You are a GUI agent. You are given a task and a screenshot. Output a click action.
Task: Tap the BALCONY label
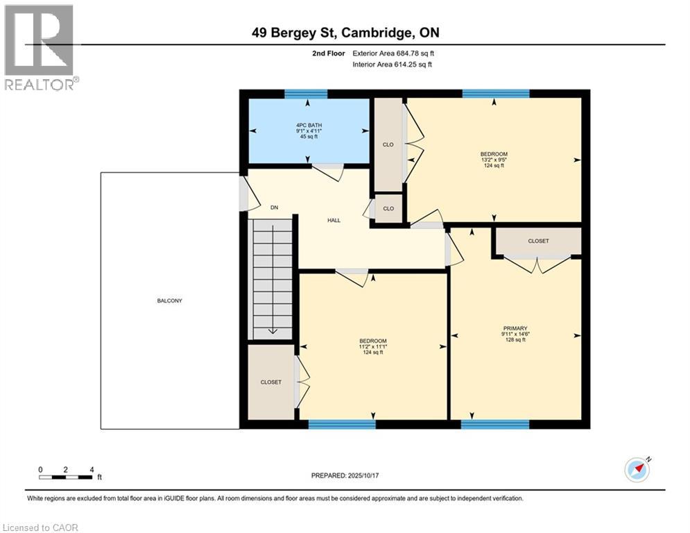coord(169,301)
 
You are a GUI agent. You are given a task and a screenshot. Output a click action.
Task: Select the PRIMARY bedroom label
coord(515,328)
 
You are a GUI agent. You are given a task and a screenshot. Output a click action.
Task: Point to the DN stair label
coord(274,208)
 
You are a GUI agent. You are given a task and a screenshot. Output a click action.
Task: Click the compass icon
coord(637,470)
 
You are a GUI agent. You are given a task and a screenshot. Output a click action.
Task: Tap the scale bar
coord(66,477)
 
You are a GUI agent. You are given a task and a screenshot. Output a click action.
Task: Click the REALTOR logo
coord(40,46)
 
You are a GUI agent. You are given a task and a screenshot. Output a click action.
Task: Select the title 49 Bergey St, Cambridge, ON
coord(345,33)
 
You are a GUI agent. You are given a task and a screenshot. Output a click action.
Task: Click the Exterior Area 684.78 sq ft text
coord(393,53)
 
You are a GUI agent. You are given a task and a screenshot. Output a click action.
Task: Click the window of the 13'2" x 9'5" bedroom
coord(495,94)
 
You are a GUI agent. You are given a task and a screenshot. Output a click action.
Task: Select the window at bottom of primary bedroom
coord(495,424)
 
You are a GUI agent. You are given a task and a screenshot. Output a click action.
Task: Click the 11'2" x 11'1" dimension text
coord(372,346)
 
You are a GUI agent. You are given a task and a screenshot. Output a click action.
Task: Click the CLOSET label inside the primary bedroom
coord(538,242)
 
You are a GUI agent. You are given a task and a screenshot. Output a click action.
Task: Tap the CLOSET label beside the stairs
coord(270,382)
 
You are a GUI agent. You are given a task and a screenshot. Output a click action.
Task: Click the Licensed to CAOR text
coord(41,527)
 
